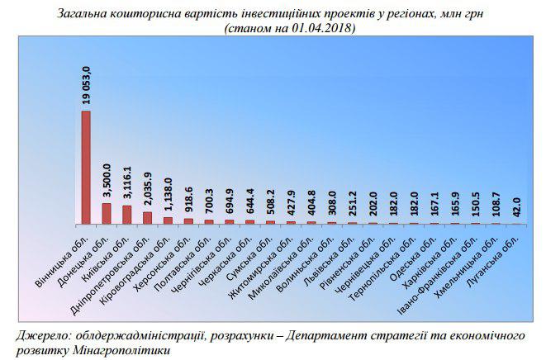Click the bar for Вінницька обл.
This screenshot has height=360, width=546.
pyautogui.click(x=86, y=167)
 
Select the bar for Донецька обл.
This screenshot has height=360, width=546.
pyautogui.click(x=107, y=213)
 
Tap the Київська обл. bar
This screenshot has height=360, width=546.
pyautogui.click(x=126, y=215)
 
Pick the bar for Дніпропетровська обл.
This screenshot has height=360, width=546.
pyautogui.click(x=147, y=218)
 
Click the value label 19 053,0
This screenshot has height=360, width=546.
pyautogui.click(x=86, y=85)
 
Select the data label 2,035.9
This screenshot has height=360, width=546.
pyautogui.click(x=147, y=190)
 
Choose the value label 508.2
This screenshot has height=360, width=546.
pyautogui.click(x=270, y=203)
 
